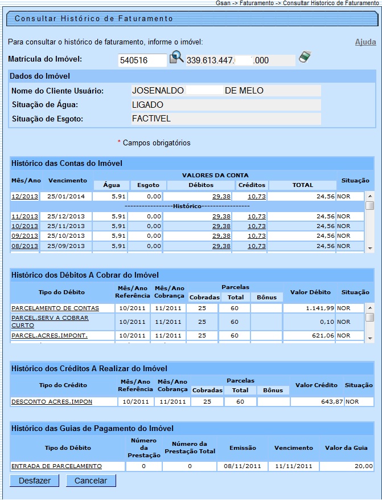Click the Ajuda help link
pos(365,42)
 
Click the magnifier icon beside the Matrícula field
pos(176,58)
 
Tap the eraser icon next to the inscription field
pos(305,57)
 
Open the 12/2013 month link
pos(24,196)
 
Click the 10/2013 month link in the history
pos(24,226)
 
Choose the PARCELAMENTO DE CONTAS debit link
pos(55,308)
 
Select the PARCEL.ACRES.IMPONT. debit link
pos(50,336)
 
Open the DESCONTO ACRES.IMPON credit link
pos(52,402)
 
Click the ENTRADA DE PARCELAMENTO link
pos(56,466)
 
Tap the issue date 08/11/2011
pos(243,466)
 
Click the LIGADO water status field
pos(225,105)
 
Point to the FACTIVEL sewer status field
pos(225,119)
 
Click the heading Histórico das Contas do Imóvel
pos(67,164)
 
